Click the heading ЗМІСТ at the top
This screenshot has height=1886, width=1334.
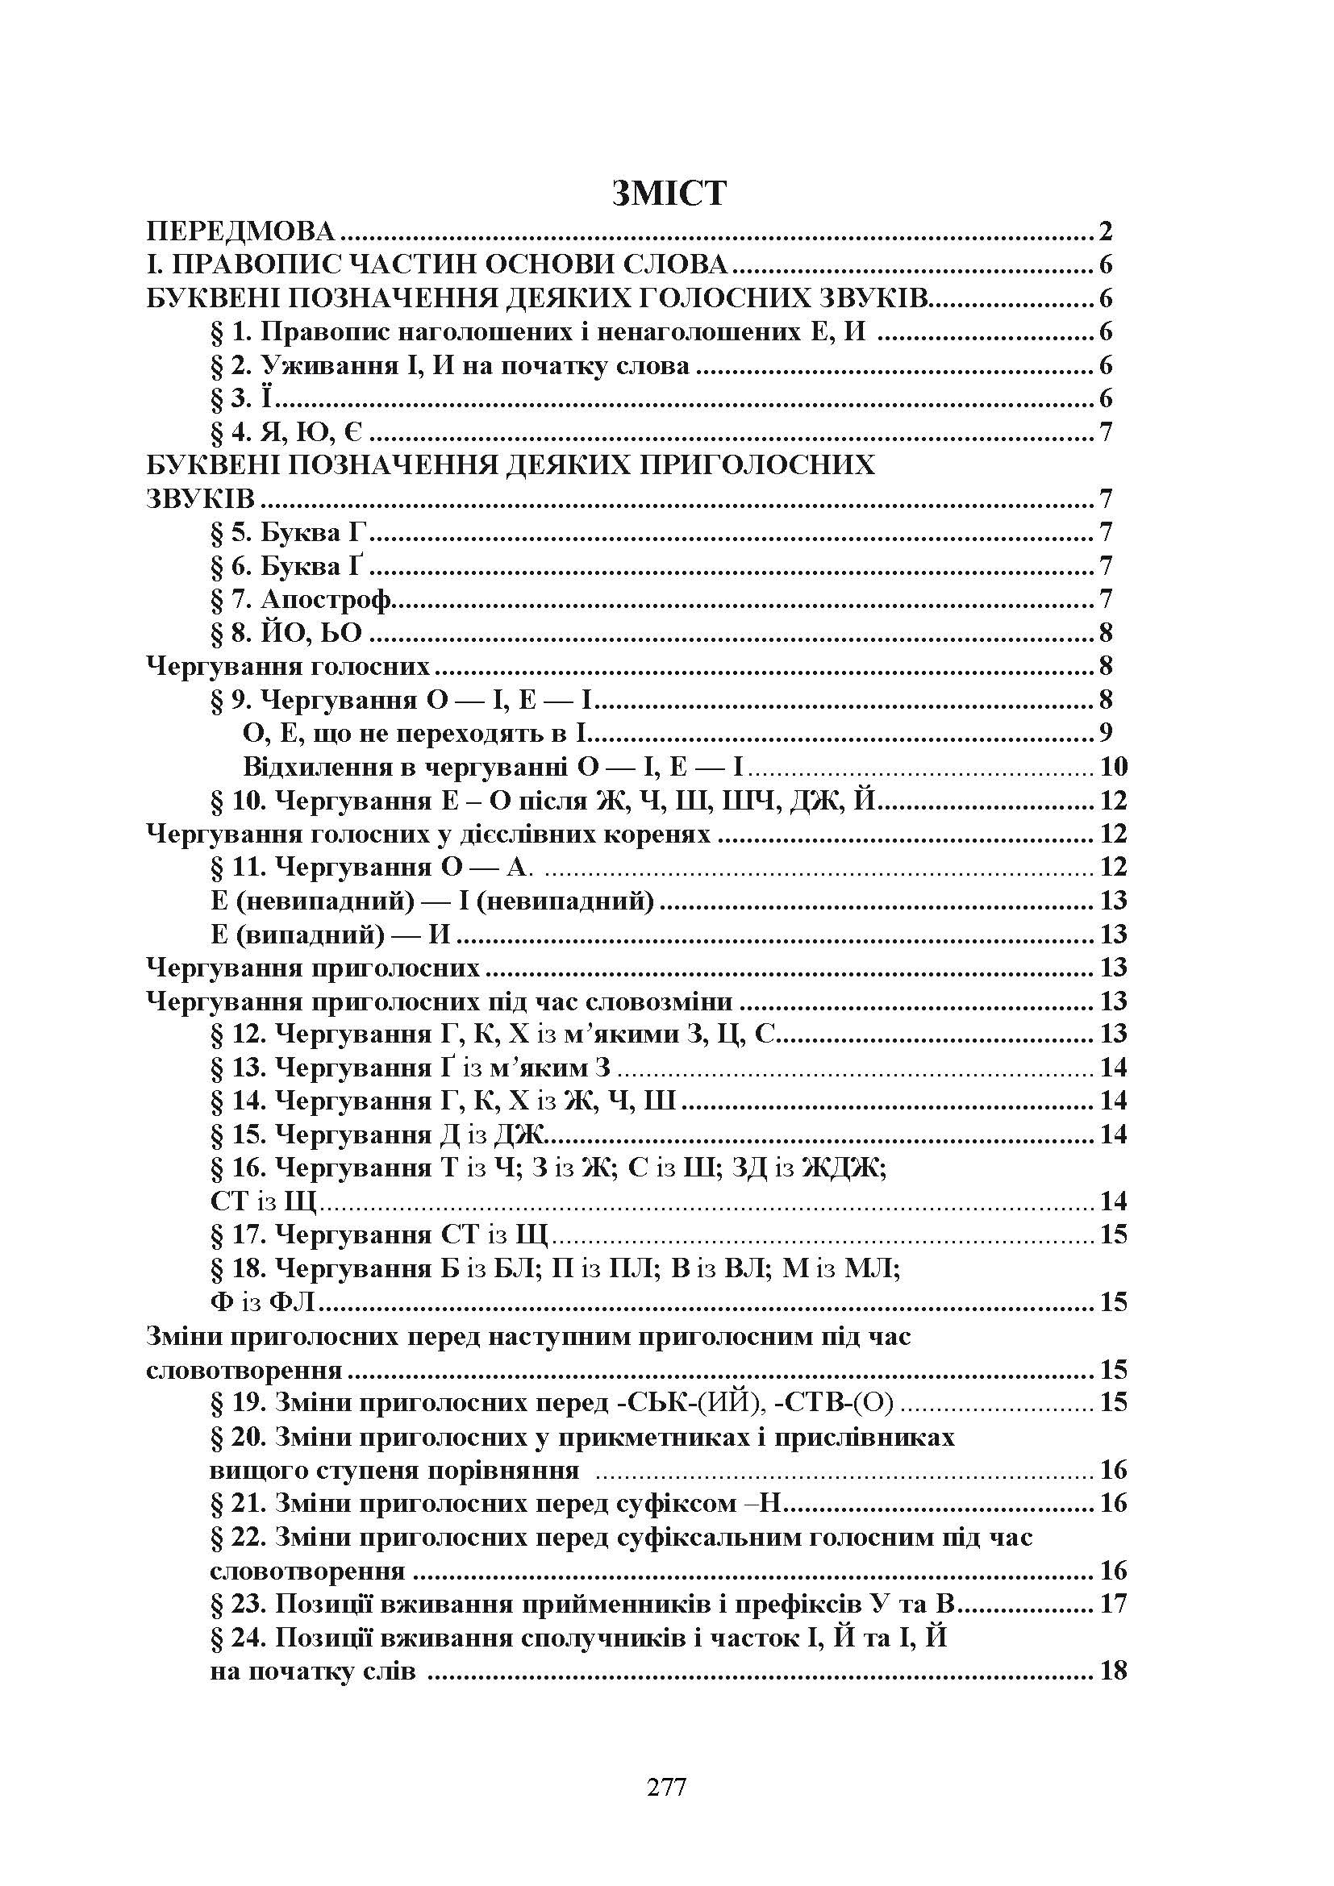click(669, 193)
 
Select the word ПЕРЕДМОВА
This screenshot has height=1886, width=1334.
click(240, 231)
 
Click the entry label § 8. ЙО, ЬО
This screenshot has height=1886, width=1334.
click(286, 633)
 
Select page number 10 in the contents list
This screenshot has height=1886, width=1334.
click(1113, 766)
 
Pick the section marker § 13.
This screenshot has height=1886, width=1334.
click(238, 1068)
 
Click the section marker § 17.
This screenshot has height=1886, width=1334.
click(238, 1234)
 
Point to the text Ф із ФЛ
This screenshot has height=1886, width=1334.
click(264, 1302)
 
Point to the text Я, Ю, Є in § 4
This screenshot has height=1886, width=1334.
click(312, 433)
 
